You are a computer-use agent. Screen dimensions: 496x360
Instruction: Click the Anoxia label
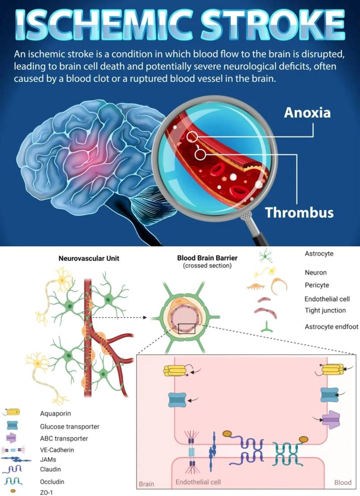point(307,112)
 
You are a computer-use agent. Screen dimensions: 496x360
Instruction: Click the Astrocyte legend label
point(319,254)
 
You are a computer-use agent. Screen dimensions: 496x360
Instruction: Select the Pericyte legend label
point(316,285)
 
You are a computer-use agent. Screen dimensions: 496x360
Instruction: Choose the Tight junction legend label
point(325,310)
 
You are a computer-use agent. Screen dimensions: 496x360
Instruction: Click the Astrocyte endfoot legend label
point(331,326)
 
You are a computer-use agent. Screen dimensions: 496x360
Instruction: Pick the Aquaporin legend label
point(55,412)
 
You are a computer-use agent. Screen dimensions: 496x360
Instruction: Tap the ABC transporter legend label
point(64,438)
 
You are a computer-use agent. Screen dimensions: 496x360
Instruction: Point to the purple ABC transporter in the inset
point(332,420)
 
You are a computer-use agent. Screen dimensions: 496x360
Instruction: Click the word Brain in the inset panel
point(146,484)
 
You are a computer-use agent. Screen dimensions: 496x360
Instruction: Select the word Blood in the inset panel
point(342,483)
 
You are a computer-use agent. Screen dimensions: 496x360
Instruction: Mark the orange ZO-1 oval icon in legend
point(13,491)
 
